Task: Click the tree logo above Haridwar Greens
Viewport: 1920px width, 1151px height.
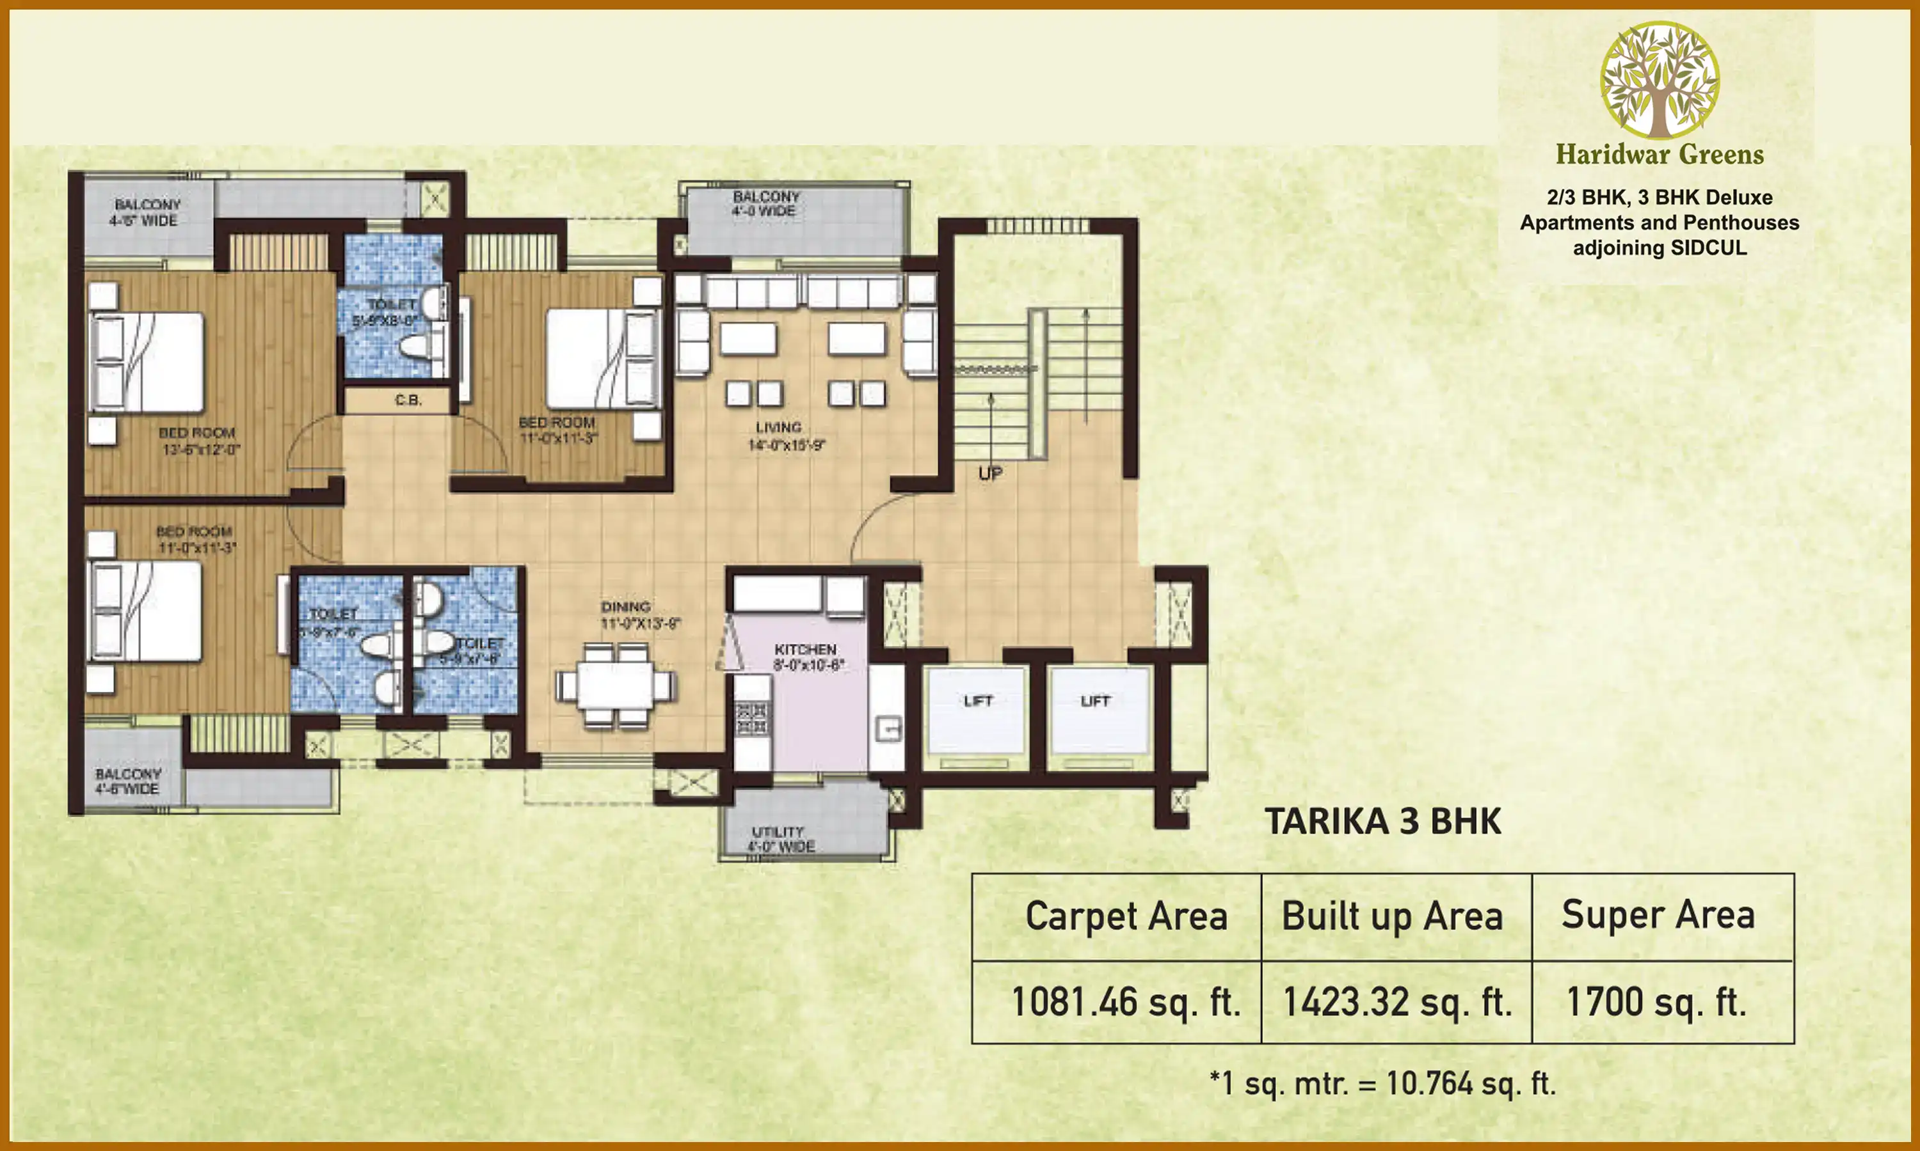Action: (x=1660, y=80)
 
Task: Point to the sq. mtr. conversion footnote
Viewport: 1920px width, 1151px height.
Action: (x=1383, y=1083)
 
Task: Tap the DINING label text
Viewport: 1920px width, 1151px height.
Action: (x=625, y=607)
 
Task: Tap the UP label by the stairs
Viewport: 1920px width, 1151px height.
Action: (x=990, y=473)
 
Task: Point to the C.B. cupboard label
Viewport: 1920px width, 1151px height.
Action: (x=408, y=400)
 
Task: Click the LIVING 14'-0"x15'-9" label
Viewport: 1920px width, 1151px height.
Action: (x=784, y=436)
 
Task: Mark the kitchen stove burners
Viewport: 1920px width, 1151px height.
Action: (x=751, y=718)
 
